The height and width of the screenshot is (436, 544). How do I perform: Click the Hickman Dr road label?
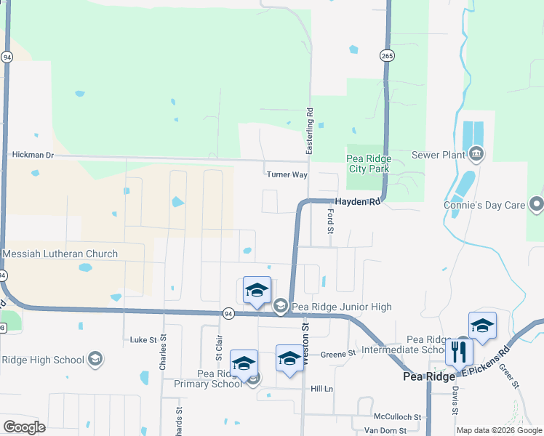[33, 155]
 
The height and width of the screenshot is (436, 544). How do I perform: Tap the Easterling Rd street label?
[309, 130]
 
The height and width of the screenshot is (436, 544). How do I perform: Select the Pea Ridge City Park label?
[369, 164]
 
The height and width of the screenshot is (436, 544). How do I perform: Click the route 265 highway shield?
[386, 55]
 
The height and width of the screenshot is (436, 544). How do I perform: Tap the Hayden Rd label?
[357, 202]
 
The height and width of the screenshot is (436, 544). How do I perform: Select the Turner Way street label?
[287, 174]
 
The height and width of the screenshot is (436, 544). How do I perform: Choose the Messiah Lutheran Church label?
[60, 254]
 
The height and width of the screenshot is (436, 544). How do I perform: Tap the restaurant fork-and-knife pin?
[459, 353]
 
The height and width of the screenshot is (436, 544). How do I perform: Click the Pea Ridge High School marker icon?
[94, 359]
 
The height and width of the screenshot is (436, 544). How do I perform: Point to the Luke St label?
[143, 339]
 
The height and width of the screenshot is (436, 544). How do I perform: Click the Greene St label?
[337, 353]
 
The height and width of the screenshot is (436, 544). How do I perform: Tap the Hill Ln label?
[321, 389]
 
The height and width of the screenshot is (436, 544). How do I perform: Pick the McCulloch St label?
[398, 417]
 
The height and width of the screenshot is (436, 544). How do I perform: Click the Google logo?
[24, 427]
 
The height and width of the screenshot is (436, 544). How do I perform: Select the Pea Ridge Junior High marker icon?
[281, 307]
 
